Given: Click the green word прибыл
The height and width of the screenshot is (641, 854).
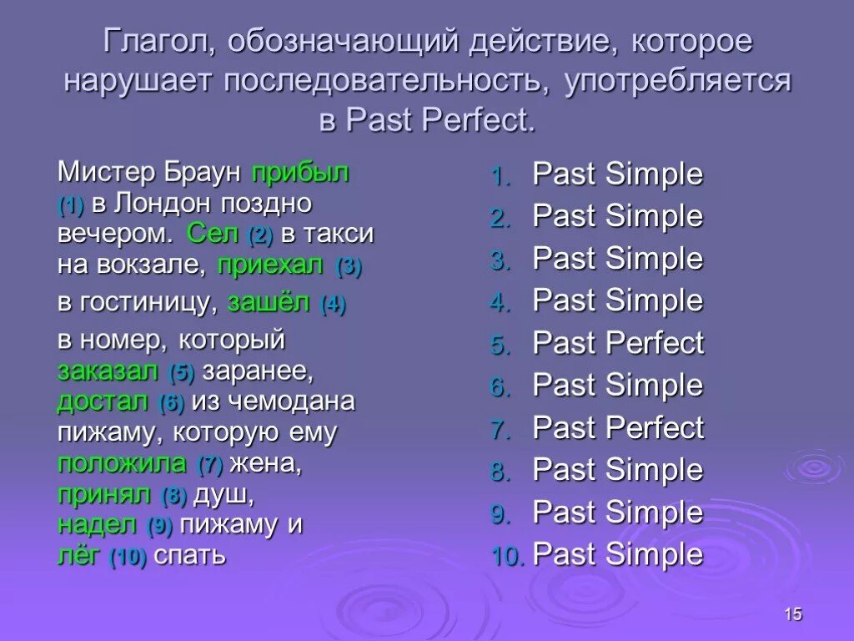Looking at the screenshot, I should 300,174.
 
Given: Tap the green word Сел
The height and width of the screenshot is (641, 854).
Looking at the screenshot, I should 213,234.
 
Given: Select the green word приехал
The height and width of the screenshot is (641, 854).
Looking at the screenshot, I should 270,265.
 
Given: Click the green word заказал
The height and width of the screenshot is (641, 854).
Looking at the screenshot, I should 108,371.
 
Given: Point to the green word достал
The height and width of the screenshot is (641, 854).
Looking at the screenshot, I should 103,401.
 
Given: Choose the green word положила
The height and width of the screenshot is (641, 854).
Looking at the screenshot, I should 122,463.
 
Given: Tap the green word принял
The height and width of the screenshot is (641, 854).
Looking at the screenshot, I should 104,494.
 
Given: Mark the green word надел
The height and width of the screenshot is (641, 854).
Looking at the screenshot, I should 97,525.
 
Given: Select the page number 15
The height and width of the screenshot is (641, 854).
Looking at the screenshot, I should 792,615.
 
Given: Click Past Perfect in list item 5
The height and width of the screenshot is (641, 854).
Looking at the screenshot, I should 618,343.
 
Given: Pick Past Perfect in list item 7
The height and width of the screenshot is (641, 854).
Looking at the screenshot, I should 618,428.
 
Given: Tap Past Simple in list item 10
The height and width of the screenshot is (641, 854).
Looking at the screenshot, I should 618,554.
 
